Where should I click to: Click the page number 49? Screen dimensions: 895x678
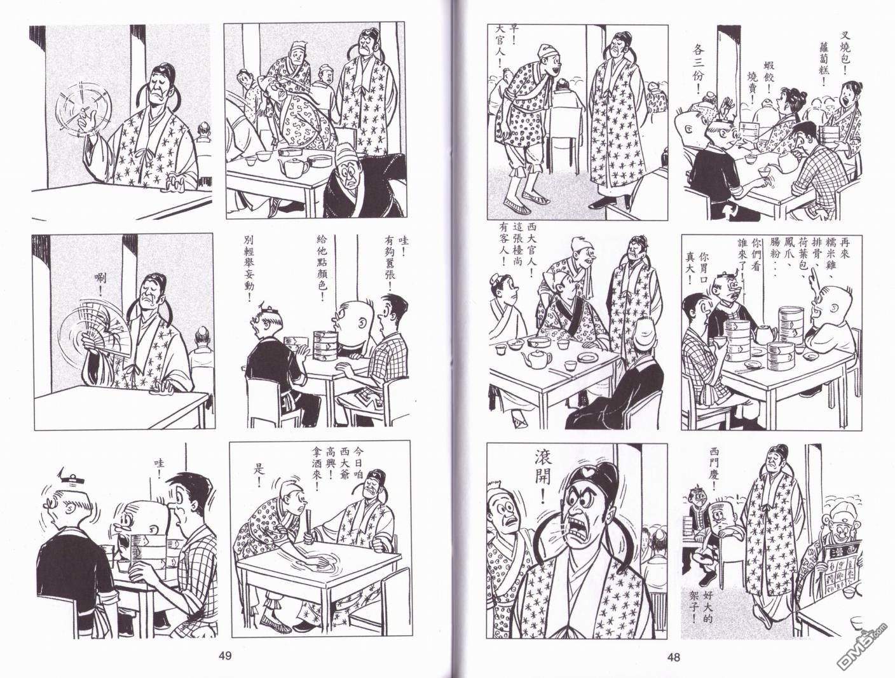point(226,656)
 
